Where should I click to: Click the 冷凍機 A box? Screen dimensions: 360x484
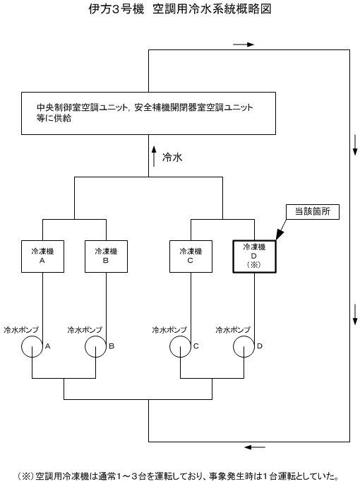pos(42,256)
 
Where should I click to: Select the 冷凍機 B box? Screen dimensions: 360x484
pos(106,256)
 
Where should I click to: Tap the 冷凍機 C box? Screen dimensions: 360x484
pos(191,256)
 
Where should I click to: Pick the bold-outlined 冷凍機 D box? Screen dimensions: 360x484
pos(254,256)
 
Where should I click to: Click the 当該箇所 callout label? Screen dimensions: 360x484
pos(313,212)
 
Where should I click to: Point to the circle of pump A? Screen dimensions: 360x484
pos(22,346)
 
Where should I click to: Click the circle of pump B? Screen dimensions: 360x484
pos(85,346)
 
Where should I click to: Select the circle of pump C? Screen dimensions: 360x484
pos(170,346)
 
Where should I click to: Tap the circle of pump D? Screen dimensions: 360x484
pos(234,346)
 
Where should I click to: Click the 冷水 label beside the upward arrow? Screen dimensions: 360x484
pos(172,158)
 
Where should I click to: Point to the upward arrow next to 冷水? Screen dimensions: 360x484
pos(154,156)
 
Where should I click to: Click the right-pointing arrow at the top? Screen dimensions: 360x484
pos(244,45)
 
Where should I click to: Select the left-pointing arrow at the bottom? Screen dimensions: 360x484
pos(255,447)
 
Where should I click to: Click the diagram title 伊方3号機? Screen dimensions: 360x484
pos(116,9)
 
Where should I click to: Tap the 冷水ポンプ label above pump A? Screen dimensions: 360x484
pos(21,330)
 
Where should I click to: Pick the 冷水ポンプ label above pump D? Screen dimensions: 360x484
pos(233,330)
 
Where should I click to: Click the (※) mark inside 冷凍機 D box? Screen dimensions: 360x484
pos(254,265)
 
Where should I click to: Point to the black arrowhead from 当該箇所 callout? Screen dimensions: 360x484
pos(280,235)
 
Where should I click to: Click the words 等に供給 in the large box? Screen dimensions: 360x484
pos(54,118)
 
